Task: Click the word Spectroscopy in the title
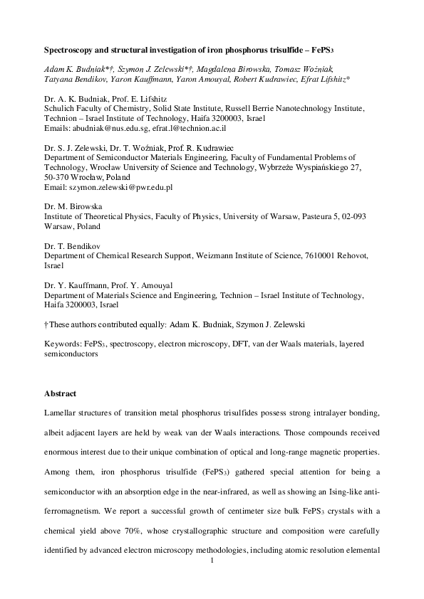[70, 52]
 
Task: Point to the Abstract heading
[61, 393]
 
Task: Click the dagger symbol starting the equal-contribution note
[46, 324]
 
